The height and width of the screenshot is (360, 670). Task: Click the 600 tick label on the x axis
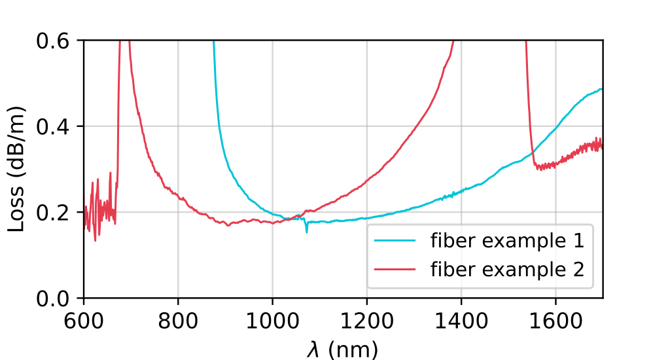point(84,322)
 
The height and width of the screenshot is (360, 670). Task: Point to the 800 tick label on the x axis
point(178,322)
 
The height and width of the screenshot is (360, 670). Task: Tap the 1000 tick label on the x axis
point(272,322)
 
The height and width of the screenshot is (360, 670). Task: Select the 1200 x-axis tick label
point(366,322)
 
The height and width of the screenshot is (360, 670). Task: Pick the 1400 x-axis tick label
point(461,322)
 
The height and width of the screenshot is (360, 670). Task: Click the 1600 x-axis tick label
point(555,322)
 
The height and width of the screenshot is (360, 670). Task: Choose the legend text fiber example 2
point(506,269)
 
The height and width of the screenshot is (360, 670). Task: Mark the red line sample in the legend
point(395,269)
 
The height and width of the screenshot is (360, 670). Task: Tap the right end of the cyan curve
point(602,88)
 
